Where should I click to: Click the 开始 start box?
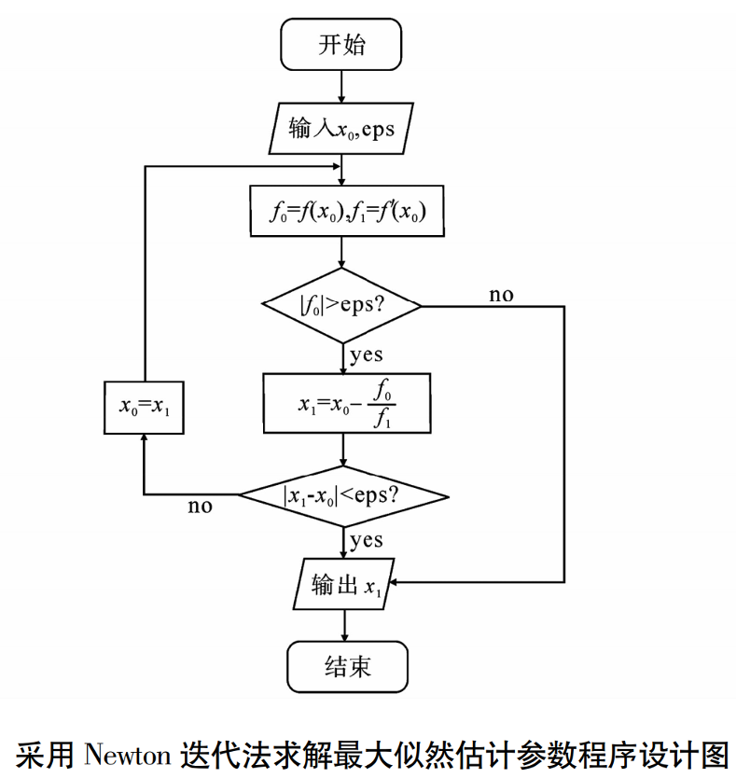pyautogui.click(x=341, y=45)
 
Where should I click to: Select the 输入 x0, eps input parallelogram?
pyautogui.click(x=341, y=129)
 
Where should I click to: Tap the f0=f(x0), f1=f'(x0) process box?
pyautogui.click(x=347, y=211)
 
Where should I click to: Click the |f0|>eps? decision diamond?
pyautogui.click(x=341, y=305)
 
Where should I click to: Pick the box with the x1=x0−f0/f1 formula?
pyautogui.click(x=347, y=403)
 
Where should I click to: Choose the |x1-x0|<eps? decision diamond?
pyautogui.click(x=343, y=496)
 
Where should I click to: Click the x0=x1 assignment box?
pyautogui.click(x=144, y=408)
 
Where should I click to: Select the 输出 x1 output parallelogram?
pyautogui.click(x=344, y=584)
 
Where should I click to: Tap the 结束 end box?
pyautogui.click(x=347, y=666)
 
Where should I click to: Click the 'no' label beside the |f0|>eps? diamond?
pyautogui.click(x=501, y=295)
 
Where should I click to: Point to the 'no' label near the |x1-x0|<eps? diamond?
pyautogui.click(x=200, y=507)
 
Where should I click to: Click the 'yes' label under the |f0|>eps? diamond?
pyautogui.click(x=367, y=355)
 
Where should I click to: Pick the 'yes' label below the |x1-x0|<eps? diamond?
pyautogui.click(x=367, y=540)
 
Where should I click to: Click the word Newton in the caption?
pyautogui.click(x=128, y=755)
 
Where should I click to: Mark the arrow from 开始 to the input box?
pyautogui.click(x=341, y=87)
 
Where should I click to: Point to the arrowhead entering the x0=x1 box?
pyautogui.click(x=144, y=438)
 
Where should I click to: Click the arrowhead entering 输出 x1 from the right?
pyautogui.click(x=393, y=582)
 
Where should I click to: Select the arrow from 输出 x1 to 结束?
pyautogui.click(x=344, y=625)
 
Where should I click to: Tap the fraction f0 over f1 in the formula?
pyautogui.click(x=382, y=404)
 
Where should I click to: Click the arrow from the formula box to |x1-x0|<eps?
pyautogui.click(x=343, y=450)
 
